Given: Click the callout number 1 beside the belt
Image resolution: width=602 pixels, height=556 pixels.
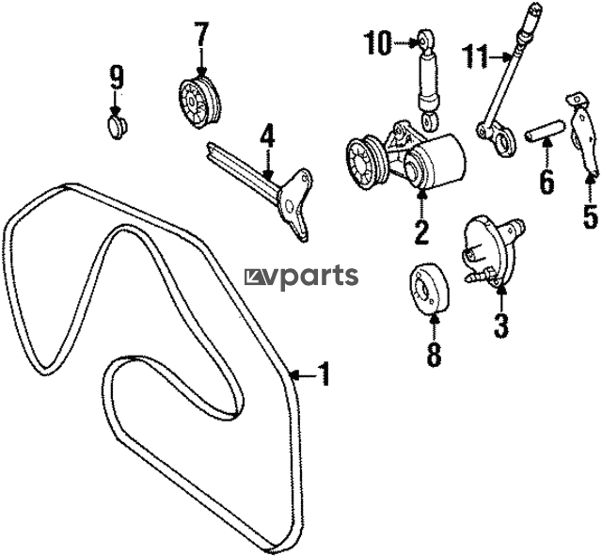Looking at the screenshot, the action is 325,373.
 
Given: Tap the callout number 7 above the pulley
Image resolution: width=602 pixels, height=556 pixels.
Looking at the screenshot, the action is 202,36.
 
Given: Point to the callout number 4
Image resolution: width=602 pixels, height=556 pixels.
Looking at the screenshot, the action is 267,135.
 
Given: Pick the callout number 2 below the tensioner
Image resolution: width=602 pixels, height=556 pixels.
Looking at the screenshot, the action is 420,230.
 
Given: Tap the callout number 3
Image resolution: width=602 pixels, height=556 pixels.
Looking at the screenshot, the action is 501,326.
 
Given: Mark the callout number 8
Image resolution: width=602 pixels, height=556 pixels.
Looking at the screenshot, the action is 434,355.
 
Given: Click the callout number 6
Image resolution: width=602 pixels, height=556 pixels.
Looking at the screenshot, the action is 547,182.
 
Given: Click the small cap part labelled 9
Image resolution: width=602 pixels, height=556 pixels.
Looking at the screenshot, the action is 117,127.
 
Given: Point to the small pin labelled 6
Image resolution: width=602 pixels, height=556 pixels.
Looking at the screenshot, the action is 545,132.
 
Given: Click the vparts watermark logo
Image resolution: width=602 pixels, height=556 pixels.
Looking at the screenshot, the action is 301,276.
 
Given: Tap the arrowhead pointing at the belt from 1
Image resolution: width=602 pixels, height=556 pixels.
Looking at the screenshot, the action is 294,373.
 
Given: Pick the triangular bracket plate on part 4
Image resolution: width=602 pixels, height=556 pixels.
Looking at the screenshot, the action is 294,202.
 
